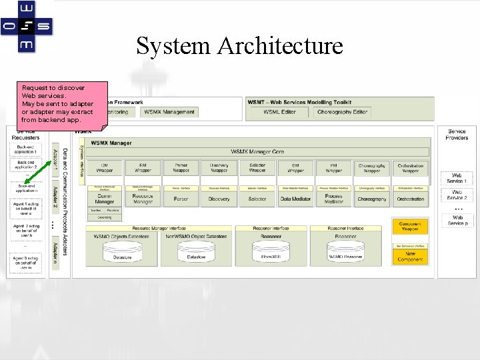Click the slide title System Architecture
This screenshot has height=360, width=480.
pos(239,46)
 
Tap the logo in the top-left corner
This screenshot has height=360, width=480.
pos(26,26)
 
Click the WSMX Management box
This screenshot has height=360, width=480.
pos(169,112)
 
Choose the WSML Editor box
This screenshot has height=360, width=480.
pos(279,112)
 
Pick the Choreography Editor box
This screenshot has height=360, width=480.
pos(342,112)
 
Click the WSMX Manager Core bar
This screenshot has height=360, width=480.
pos(257,152)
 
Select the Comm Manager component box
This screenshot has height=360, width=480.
pos(105,199)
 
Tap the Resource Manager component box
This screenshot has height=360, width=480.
pos(143,199)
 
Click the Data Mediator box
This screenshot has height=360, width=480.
pos(295,199)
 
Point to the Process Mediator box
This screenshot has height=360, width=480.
pos(334,199)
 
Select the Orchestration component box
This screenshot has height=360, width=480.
pos(411,199)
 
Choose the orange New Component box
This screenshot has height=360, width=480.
pos(410,255)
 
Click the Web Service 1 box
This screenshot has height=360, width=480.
pos(457,179)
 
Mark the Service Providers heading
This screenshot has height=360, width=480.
pos(457,135)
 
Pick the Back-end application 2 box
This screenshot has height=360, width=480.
pos(26,164)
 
